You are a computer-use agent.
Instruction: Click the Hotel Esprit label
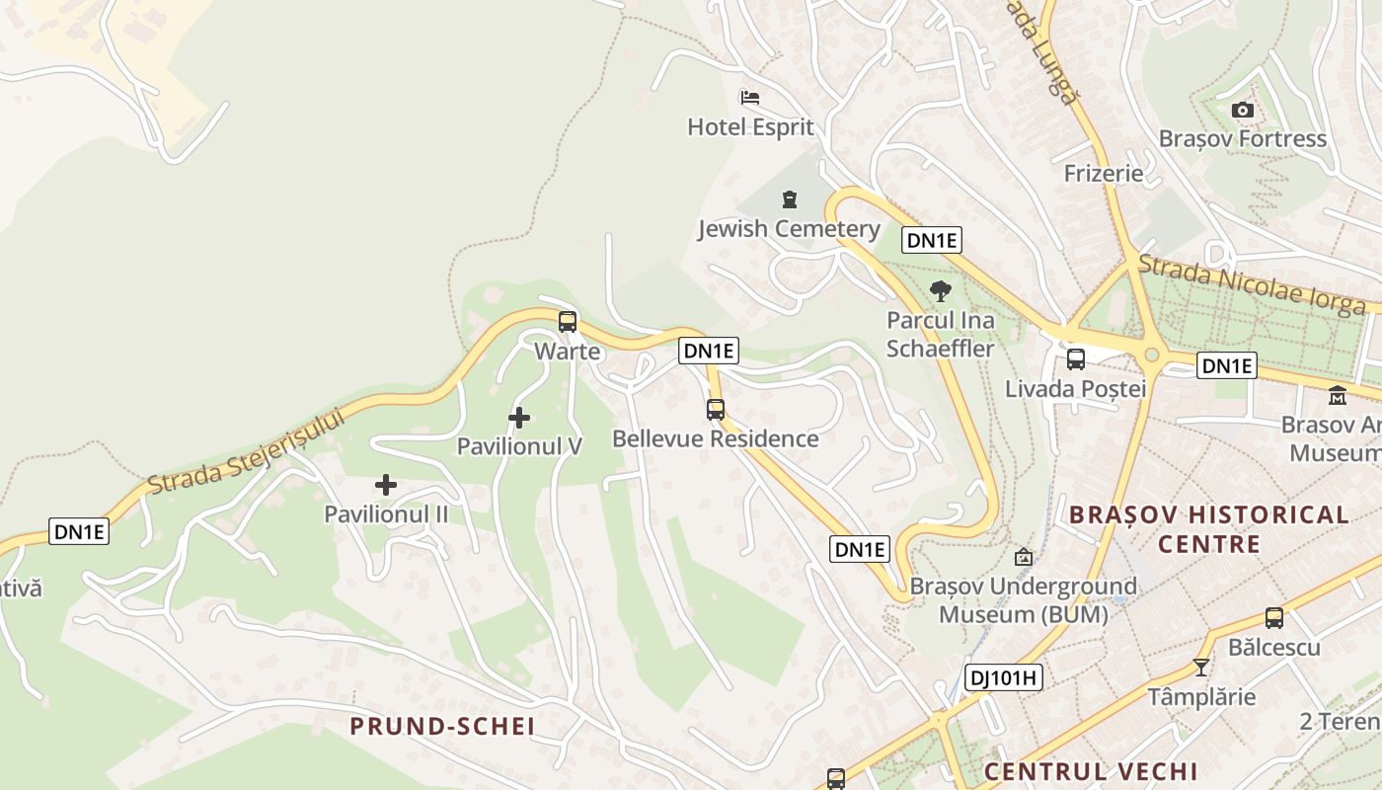coord(750,126)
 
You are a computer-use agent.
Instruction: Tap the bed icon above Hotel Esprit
coord(750,98)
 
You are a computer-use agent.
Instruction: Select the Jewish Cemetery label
coord(789,229)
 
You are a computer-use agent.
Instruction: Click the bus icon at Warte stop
coord(568,321)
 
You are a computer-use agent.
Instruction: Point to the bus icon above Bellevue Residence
coord(716,409)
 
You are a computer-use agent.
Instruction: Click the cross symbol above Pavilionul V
coord(518,418)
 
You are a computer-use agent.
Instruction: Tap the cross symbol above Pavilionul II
coord(386,485)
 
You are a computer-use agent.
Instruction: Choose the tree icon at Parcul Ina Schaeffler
coord(941,290)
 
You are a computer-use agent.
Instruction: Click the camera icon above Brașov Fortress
coord(1243,110)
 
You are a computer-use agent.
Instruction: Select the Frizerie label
coord(1104,174)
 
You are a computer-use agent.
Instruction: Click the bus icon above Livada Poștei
coord(1076,359)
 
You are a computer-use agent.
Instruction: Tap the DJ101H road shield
coord(1003,677)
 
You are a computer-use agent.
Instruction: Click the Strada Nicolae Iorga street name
coord(1252,284)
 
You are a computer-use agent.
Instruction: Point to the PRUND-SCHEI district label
coord(442,727)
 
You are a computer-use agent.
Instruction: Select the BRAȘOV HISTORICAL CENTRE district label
coord(1208,529)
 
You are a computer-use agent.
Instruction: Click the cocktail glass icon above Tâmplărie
coord(1200,668)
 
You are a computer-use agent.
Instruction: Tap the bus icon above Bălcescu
coord(1274,618)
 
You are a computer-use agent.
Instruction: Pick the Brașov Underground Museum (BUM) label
coord(1023,600)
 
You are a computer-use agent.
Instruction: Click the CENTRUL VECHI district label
coord(1091,771)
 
